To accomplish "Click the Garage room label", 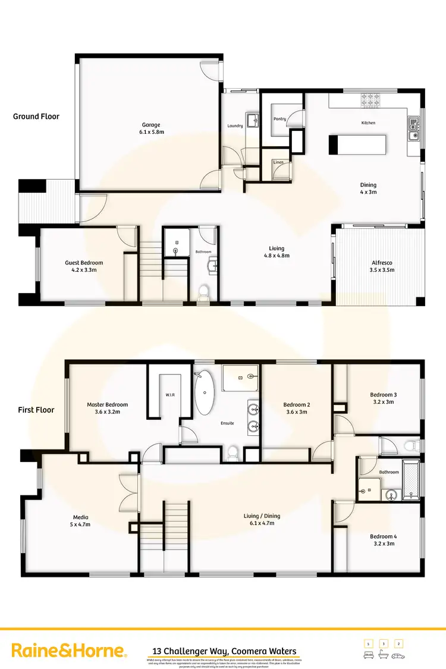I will (149, 128).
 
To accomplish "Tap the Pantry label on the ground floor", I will (279, 119).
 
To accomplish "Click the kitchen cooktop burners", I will (370, 99).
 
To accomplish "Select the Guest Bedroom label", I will (84, 266).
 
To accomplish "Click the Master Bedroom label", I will (107, 408).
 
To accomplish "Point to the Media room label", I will (80, 521).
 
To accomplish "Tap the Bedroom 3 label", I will (383, 398).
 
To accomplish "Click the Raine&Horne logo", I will (69, 651).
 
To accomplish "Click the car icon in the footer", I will (399, 654).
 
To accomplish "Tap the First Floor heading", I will (36, 410).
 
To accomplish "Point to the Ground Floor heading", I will (36, 117).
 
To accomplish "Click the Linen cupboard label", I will (278, 162).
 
